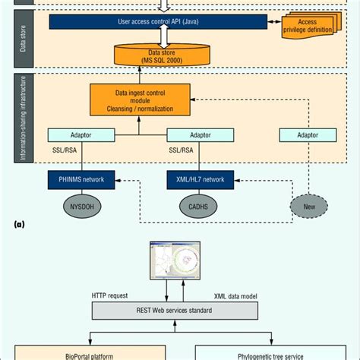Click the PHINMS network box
click(x=81, y=179)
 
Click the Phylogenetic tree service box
click(x=273, y=353)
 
